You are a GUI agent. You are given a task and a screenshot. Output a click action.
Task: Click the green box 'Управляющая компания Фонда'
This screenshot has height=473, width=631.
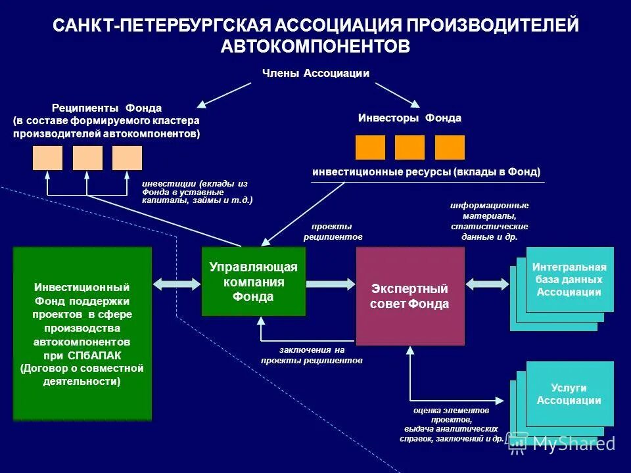click(253, 281)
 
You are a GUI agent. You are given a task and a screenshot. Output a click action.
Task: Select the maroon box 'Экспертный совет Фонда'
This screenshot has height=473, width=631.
click(409, 296)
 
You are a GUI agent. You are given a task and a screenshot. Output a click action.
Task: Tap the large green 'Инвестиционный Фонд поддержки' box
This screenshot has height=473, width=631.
click(82, 333)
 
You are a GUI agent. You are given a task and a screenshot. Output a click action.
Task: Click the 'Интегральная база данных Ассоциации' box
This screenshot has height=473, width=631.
click(569, 279)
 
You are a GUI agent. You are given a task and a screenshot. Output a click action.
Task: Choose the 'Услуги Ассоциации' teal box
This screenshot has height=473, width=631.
click(569, 394)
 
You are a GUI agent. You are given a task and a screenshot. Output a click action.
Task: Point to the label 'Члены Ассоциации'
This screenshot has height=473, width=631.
click(315, 74)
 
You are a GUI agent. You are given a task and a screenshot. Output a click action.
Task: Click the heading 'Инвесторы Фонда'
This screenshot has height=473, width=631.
click(409, 118)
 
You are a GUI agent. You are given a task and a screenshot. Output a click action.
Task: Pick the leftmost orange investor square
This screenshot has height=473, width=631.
click(370, 147)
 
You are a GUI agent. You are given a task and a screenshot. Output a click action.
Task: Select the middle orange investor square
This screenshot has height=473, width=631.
click(409, 147)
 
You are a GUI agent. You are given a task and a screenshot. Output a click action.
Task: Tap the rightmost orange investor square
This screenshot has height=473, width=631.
click(450, 147)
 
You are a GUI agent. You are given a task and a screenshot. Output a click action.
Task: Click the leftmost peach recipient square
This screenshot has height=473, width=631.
click(47, 158)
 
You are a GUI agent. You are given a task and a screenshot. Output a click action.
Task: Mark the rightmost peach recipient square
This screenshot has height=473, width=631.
click(127, 158)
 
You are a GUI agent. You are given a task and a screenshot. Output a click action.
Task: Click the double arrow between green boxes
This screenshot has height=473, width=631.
click(176, 283)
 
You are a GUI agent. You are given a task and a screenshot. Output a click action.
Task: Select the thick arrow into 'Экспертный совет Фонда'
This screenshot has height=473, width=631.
click(331, 283)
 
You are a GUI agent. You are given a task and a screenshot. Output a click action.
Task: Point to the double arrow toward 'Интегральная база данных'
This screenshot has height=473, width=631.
click(487, 283)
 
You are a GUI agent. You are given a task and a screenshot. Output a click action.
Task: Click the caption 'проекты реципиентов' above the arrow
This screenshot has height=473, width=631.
click(333, 231)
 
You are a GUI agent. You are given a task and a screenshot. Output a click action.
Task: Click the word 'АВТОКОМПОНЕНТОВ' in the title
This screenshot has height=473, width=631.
click(315, 45)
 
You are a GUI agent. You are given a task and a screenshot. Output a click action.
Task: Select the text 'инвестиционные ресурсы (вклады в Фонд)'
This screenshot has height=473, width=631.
click(426, 172)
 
